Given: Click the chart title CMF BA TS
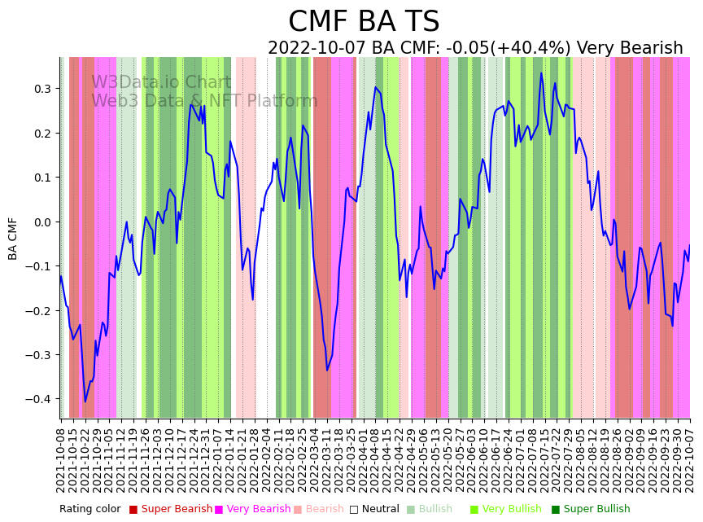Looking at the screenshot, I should click(x=364, y=22).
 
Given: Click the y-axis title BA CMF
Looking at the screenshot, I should click(x=13, y=239).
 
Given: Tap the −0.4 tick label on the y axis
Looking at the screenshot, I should click(x=39, y=399).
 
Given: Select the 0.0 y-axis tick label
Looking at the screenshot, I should click(x=43, y=222).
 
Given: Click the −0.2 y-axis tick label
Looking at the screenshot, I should click(x=39, y=310).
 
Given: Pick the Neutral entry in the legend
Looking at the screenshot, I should click(x=376, y=509).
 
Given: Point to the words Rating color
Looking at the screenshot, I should click(x=90, y=509).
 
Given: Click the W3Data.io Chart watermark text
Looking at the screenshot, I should click(x=161, y=83).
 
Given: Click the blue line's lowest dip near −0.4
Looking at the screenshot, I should click(x=85, y=401).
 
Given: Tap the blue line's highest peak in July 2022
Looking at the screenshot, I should click(x=541, y=73).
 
